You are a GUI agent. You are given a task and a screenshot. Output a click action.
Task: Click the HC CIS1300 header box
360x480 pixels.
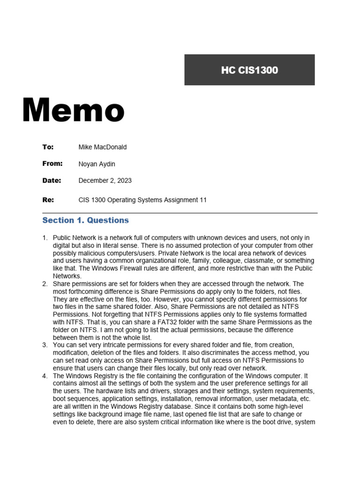coord(249,70)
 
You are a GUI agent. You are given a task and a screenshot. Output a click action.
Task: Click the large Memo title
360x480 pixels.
coord(73,111)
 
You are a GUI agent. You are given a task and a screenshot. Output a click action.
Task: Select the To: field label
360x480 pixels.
coord(48,147)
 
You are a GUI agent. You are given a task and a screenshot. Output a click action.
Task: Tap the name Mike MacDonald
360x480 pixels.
coord(102,147)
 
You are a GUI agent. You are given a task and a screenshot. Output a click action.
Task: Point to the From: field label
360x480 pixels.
coord(52,164)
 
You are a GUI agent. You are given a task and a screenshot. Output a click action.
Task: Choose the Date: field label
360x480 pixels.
coord(52,180)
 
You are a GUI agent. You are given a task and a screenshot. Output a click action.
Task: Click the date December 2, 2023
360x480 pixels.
coord(105,180)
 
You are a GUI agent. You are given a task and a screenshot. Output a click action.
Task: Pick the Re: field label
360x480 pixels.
coord(48,200)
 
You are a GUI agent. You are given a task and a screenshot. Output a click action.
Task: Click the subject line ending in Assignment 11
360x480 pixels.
coord(142,200)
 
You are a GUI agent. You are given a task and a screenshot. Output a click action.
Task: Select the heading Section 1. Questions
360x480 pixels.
coord(85,220)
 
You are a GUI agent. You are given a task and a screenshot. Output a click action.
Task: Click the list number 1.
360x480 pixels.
coord(45,238)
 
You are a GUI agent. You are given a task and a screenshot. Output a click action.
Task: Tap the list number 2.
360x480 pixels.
coord(45,284)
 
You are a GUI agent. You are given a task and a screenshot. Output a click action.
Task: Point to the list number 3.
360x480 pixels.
coord(45,345)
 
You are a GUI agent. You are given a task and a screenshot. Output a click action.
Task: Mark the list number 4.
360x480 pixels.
coord(45,376)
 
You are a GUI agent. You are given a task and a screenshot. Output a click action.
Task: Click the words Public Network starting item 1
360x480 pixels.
coord(74,238)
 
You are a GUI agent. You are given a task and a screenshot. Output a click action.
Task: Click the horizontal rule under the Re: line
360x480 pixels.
coord(180,213)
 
